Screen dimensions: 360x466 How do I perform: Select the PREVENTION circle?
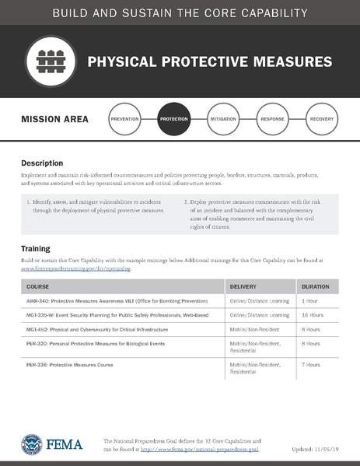tap(125, 120)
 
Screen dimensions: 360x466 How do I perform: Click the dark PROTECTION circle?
tap(174, 120)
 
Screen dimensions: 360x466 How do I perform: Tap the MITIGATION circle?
tap(223, 120)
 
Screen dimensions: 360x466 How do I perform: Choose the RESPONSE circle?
tap(272, 120)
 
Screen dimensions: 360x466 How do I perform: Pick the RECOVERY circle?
tap(321, 120)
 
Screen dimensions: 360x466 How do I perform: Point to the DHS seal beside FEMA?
tap(31, 444)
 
